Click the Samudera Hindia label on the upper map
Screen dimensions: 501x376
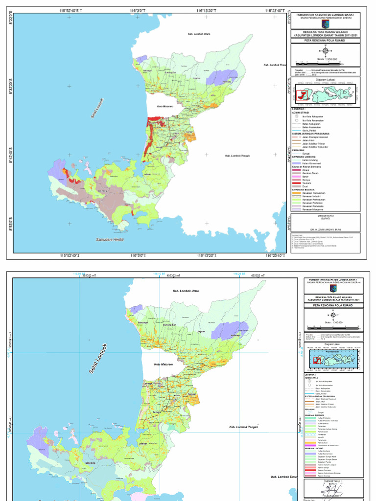pos(110,240)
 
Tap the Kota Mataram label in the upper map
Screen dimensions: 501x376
pos(166,106)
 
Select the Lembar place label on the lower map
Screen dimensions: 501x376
pos(143,443)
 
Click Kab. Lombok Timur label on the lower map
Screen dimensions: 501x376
pos(284,477)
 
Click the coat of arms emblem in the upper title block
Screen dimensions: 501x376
pos(325,23)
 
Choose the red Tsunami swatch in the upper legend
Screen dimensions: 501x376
pos(295,182)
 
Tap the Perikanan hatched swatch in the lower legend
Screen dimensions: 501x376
pos(308,433)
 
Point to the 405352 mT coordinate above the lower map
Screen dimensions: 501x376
pos(174,276)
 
